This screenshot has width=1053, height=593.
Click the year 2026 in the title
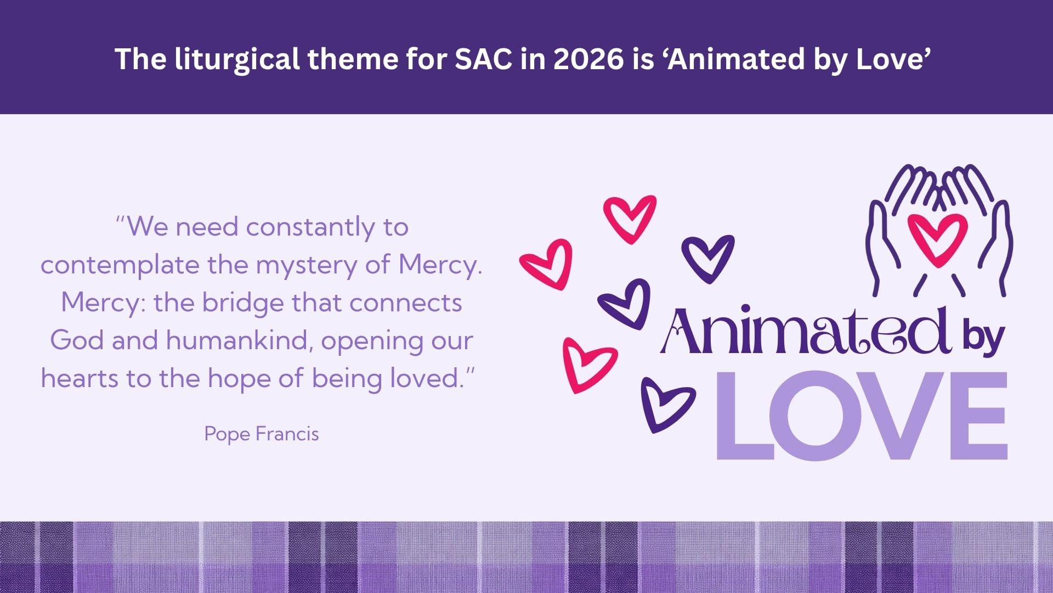588,59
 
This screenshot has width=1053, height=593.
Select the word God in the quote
77,340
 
